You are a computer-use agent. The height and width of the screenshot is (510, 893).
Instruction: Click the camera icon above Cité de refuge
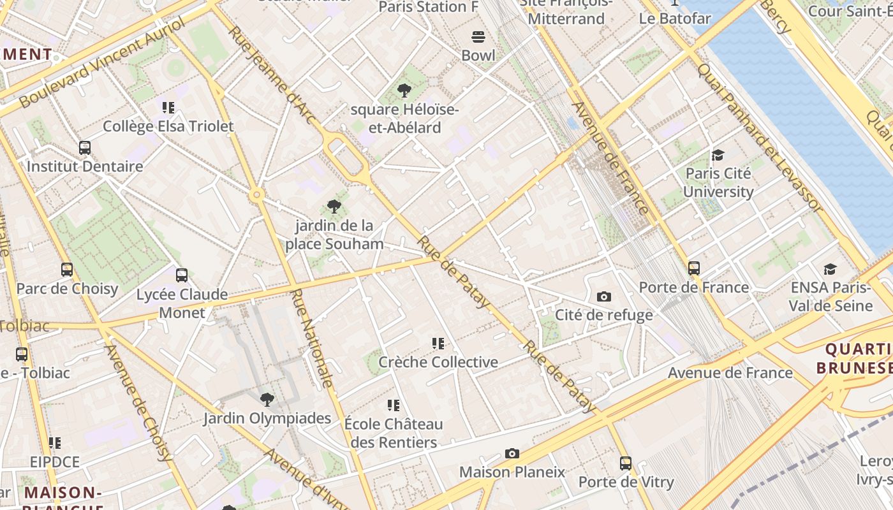pyautogui.click(x=603, y=296)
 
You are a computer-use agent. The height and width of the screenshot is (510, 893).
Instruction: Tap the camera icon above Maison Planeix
pyautogui.click(x=512, y=453)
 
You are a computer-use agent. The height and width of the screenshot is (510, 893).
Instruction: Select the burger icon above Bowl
pyautogui.click(x=478, y=37)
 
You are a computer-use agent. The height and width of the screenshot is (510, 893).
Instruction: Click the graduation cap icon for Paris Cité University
pyautogui.click(x=718, y=155)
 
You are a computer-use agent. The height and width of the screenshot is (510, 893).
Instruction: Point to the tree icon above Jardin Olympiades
pyautogui.click(x=267, y=400)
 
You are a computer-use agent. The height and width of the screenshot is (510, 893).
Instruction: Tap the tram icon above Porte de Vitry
pyautogui.click(x=626, y=463)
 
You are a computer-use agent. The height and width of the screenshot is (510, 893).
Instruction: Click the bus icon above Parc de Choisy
pyautogui.click(x=67, y=270)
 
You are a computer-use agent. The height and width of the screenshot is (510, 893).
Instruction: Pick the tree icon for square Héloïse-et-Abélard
pyautogui.click(x=404, y=91)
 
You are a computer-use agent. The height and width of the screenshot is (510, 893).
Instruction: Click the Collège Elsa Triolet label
pyautogui.click(x=168, y=126)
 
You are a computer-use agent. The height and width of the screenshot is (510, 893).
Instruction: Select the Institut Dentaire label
pyautogui.click(x=85, y=166)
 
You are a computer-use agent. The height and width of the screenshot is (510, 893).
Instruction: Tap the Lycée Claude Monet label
pyautogui.click(x=182, y=303)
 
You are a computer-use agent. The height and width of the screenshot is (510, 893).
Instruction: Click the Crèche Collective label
pyautogui.click(x=438, y=362)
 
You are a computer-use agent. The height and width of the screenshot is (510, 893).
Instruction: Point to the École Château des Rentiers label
pyautogui.click(x=394, y=433)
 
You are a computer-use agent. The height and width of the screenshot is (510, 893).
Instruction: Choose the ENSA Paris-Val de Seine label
pyautogui.click(x=830, y=296)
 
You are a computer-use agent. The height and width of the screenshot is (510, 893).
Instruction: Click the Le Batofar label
pyautogui.click(x=675, y=18)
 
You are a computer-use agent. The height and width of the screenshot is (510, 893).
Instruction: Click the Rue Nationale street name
pyautogui.click(x=312, y=338)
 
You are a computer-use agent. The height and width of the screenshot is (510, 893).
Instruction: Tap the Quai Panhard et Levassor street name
pyautogui.click(x=759, y=137)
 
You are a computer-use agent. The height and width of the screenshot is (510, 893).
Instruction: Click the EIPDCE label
pyautogui.click(x=55, y=462)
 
